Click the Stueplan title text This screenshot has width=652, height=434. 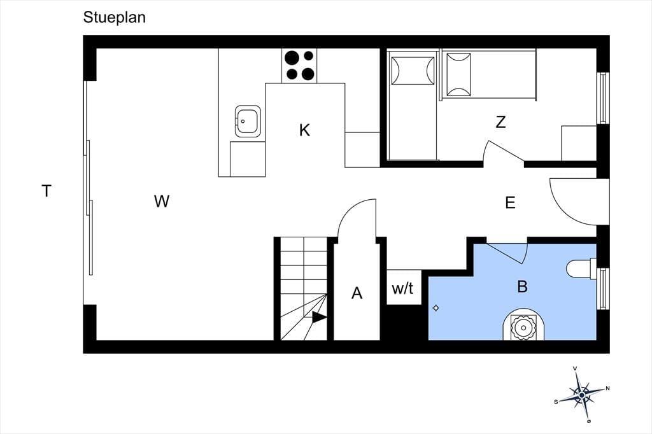click(115, 18)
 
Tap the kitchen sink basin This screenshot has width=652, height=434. click(248, 121)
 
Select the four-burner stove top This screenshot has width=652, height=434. click(299, 66)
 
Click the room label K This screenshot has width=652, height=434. click(304, 130)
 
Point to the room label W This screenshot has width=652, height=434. click(161, 201)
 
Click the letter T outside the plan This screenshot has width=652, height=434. click(46, 191)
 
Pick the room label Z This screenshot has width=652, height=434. click(500, 122)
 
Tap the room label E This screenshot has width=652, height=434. click(510, 202)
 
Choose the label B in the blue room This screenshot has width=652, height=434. click(522, 286)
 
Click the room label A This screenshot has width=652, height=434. click(357, 293)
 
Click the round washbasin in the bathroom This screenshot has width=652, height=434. click(523, 327)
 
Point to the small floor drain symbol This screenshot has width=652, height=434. click(436, 308)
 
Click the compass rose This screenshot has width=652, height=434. click(581, 394)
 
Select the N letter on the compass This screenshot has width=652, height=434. click(607, 389)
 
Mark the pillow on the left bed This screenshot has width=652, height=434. click(413, 71)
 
